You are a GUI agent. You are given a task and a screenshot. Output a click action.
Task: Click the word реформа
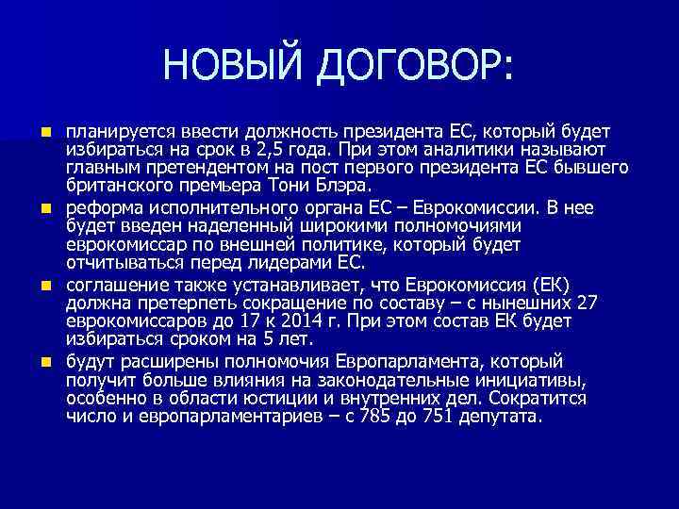103,204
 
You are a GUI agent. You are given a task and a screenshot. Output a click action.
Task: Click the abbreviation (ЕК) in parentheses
554,283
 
